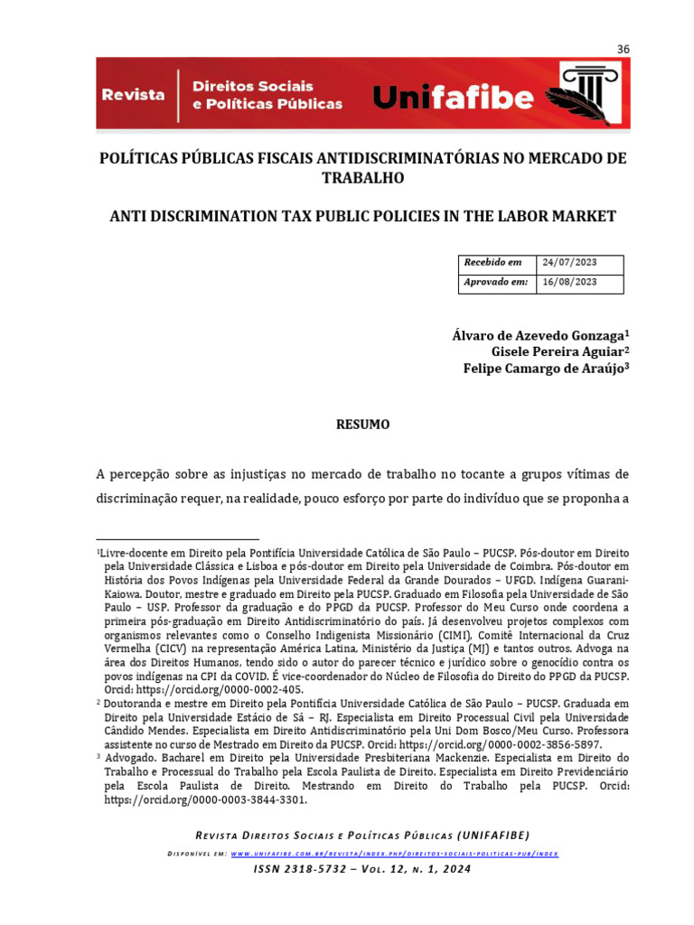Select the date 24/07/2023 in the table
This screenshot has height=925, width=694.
coord(569,262)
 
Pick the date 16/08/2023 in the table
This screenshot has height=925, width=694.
coord(569,282)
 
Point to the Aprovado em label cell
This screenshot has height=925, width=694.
coord(495,282)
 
